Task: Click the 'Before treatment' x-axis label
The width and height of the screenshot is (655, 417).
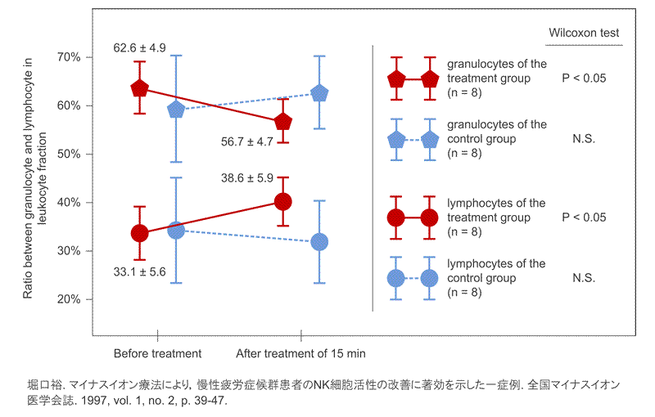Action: [157, 354]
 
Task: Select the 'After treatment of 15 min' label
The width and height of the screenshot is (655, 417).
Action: [300, 354]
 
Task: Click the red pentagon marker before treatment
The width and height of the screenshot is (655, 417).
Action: [139, 88]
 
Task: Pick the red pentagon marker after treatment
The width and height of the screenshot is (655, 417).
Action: [283, 122]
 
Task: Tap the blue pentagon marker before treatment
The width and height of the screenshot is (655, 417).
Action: [175, 109]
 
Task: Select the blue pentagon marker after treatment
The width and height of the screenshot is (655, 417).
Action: [319, 93]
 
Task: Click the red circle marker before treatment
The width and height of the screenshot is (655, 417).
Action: [139, 233]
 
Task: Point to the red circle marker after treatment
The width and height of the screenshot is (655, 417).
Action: [283, 201]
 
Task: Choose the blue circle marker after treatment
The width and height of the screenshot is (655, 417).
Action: [319, 242]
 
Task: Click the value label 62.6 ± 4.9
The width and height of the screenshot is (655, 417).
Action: [140, 48]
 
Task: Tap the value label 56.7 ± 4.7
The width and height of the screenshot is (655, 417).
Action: [247, 141]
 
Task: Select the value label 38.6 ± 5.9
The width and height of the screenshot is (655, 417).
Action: [247, 177]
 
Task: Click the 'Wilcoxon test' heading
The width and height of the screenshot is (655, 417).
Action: [584, 34]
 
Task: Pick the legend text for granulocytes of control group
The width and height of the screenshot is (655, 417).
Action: [496, 139]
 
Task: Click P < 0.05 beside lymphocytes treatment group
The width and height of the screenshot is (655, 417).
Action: [584, 218]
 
